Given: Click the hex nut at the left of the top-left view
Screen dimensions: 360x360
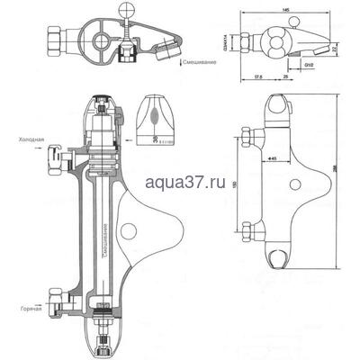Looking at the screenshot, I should tap(53, 40).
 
